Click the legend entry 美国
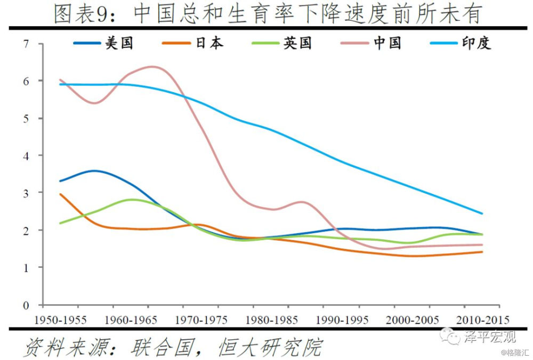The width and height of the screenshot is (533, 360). [119, 43]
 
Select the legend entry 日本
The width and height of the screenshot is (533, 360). [209, 43]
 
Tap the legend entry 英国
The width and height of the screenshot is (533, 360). [297, 43]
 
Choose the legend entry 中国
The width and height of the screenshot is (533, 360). [387, 43]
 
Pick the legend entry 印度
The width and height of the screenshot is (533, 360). [476, 43]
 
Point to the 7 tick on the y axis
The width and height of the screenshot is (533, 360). [26, 44]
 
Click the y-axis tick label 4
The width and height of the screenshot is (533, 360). [26, 156]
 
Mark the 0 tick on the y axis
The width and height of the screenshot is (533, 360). [26, 305]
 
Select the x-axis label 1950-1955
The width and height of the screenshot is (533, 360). [60, 320]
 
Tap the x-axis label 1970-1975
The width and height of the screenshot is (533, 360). [201, 320]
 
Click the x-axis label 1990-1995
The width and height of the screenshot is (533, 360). [342, 320]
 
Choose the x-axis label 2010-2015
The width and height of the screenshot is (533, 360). [482, 320]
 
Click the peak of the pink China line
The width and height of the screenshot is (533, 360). [152, 67]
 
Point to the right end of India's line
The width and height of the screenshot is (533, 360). [482, 214]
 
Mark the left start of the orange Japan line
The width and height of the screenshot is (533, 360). [60, 194]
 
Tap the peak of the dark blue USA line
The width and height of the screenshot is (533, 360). [94, 171]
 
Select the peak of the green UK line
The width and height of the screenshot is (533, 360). [132, 200]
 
